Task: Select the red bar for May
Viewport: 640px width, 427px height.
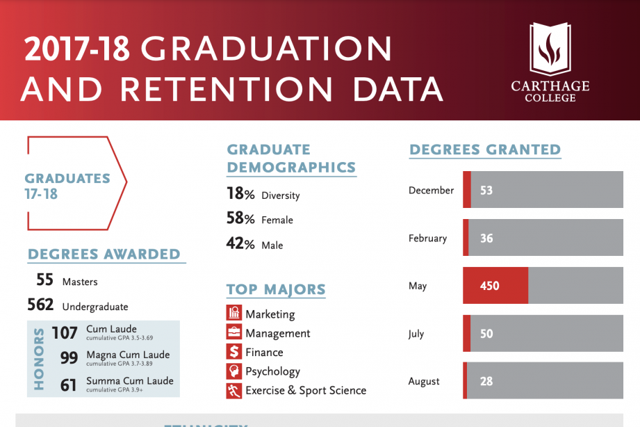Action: [x=495, y=286]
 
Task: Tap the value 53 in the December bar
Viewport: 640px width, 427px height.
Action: [x=486, y=191]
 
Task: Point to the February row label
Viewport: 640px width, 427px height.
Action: [x=427, y=239]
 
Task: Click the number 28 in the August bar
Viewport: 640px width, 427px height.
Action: [x=486, y=381]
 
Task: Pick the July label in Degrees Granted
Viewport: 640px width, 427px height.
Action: [x=416, y=334]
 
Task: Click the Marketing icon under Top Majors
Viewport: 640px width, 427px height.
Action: [x=234, y=314]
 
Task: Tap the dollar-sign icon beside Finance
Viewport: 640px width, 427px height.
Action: [x=234, y=352]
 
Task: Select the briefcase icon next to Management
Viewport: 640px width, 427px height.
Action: [x=234, y=333]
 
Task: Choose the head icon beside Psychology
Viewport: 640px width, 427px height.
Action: [x=234, y=371]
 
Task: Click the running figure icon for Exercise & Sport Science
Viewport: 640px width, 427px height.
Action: [x=234, y=391]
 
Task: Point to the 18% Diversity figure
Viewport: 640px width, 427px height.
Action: [x=240, y=194]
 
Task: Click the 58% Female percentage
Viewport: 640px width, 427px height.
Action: [x=240, y=219]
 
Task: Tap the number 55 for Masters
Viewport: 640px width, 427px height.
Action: [x=45, y=280]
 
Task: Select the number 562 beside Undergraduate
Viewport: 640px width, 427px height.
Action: [x=40, y=305]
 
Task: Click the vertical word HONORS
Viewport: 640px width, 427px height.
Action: [x=39, y=358]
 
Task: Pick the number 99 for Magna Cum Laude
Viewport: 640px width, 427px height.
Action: [x=68, y=358]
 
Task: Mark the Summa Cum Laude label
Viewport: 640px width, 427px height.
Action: [x=129, y=381]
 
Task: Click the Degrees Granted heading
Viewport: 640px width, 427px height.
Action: [x=485, y=150]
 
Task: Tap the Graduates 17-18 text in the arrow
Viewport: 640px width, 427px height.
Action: [x=67, y=186]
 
